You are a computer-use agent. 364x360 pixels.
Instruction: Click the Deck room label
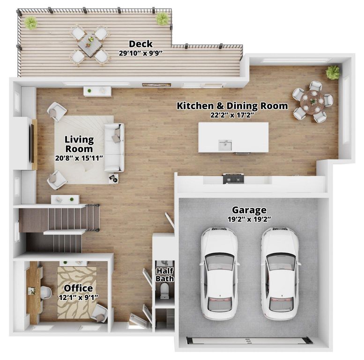pos(141,45)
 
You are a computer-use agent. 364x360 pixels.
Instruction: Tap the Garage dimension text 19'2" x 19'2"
pos(249,219)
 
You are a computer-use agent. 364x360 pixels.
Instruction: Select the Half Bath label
pos(165,275)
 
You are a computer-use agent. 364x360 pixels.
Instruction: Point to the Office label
pos(78,288)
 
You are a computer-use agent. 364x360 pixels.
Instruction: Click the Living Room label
pos(79,144)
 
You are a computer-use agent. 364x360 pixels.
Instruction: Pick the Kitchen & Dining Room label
pos(232,106)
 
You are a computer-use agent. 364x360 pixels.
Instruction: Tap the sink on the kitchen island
pos(225,145)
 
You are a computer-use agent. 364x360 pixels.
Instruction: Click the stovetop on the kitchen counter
pos(233,178)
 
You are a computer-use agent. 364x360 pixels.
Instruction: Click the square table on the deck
pos(89,45)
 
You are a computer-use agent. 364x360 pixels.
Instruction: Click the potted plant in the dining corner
pos(333,72)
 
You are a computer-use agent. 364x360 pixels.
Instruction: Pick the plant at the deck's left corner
pos(31,22)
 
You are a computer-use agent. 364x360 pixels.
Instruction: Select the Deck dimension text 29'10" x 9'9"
pos(141,53)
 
